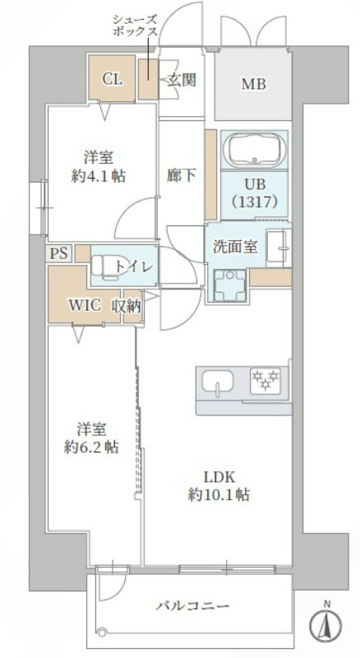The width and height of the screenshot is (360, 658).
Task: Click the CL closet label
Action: (113, 79)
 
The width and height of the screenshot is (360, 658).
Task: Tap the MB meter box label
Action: (253, 85)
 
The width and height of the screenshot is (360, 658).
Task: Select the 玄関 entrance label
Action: (182, 79)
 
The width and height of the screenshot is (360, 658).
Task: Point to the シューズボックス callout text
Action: (135, 25)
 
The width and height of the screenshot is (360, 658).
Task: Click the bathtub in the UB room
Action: (254, 151)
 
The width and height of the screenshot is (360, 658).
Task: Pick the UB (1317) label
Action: (254, 193)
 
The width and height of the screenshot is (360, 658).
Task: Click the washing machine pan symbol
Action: (229, 285)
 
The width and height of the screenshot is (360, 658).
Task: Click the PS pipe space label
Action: (58, 254)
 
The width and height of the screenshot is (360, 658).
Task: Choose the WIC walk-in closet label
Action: (85, 306)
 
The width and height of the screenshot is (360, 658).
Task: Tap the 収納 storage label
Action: (126, 306)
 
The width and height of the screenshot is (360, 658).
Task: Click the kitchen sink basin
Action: (217, 382)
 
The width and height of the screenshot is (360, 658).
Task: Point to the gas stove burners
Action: (265, 380)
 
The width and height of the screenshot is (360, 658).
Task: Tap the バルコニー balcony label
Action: (193, 606)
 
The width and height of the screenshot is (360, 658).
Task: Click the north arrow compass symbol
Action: (325, 625)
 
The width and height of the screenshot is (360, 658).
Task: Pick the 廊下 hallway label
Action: (182, 176)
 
